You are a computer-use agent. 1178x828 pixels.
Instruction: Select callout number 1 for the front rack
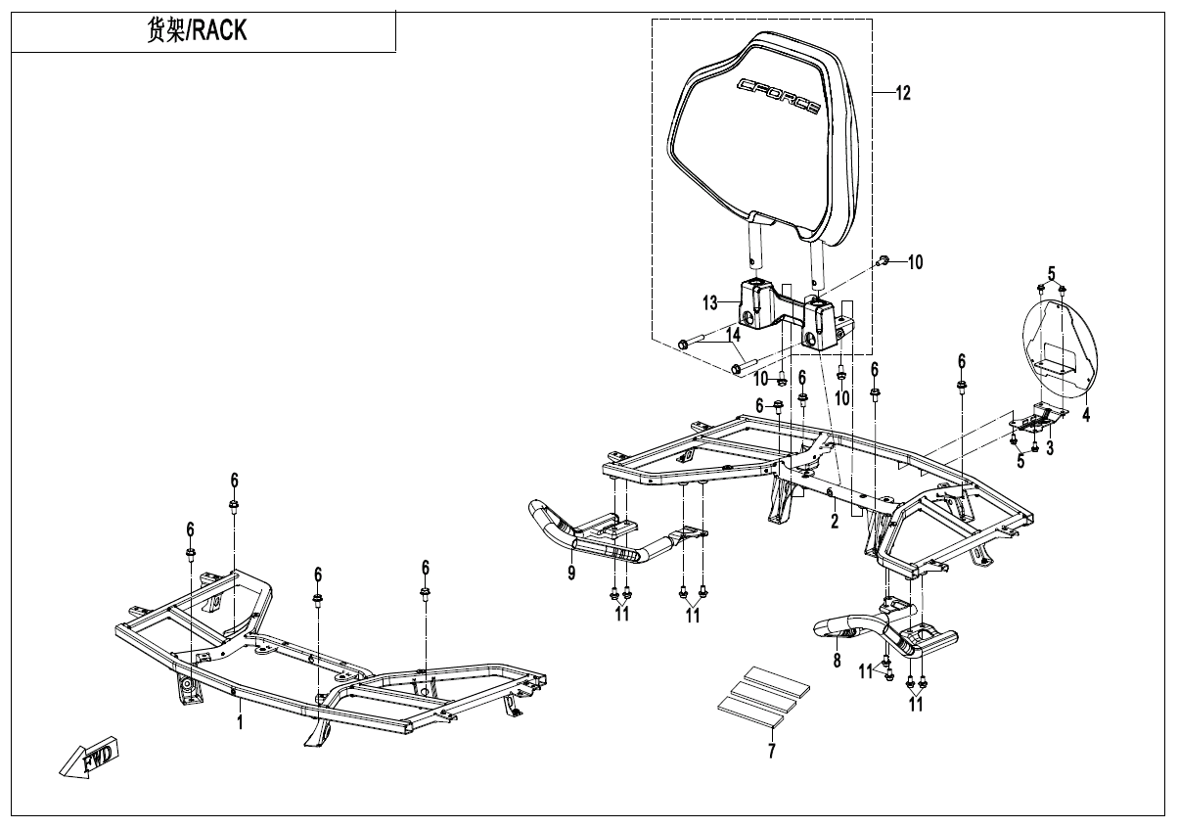coord(239,722)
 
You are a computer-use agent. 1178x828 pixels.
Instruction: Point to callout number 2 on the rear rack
coord(835,522)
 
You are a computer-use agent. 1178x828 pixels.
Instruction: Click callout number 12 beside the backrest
coord(902,94)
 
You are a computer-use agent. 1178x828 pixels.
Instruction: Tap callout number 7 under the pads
coord(771,752)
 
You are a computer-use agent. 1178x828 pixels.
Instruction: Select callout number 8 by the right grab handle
coord(837,661)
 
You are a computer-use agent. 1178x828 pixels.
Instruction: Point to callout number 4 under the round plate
coord(1085,414)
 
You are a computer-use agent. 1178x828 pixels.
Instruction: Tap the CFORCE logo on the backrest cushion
coord(779,97)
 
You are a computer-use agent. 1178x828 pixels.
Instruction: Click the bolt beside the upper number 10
coord(883,260)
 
